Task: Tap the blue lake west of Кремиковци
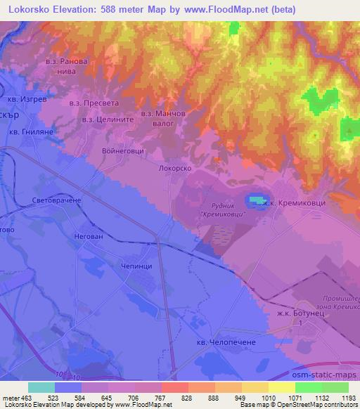(255, 202)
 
